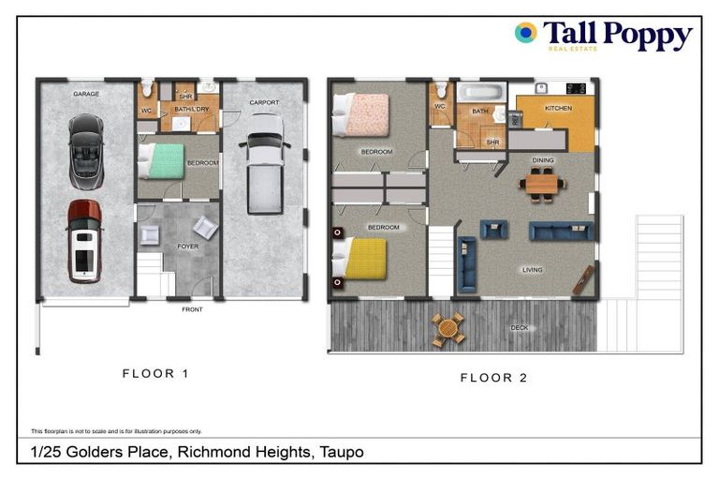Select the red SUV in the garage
coord(84,241)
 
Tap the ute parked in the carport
coord(265,163)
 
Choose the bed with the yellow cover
coord(361,259)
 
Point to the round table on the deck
coord(448,328)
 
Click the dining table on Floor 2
coord(544,184)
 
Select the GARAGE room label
coord(86,94)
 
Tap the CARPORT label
coord(264,102)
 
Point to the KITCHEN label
coord(558,109)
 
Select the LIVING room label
coord(532,270)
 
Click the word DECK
coord(520,328)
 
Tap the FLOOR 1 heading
coord(155,373)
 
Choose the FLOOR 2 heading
coord(493,378)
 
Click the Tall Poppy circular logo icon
coord(525,33)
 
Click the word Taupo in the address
coord(341,452)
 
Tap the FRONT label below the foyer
coord(192,308)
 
